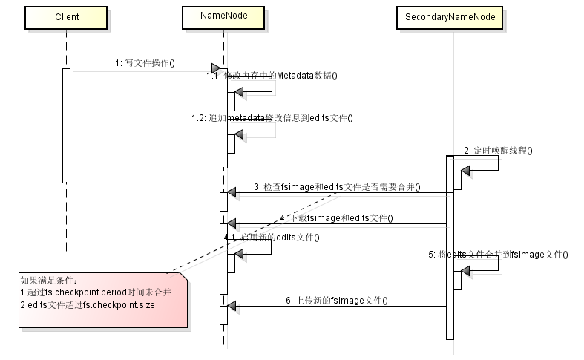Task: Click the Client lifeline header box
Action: pos(67,16)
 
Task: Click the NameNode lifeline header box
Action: pos(223,16)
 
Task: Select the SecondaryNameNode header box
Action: pos(450,16)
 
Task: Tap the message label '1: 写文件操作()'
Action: pos(145,63)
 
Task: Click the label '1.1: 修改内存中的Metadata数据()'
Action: pos(272,76)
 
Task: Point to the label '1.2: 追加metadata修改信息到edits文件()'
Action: pos(272,117)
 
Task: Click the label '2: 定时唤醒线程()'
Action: pos(498,151)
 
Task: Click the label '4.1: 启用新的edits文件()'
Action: pos(272,238)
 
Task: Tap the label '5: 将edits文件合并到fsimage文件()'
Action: pos(498,254)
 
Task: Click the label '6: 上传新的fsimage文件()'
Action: pos(337,301)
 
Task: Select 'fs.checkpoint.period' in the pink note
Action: pos(79,293)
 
